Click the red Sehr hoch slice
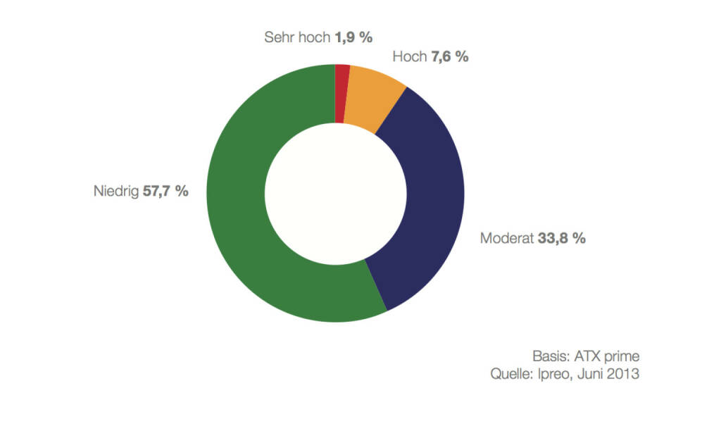(342, 93)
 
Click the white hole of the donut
(335, 193)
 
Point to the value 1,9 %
(353, 37)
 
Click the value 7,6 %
(450, 57)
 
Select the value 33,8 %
(562, 238)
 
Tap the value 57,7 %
(165, 191)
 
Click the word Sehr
(277, 37)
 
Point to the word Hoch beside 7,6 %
(410, 57)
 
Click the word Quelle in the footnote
(510, 374)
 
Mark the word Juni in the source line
(591, 374)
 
